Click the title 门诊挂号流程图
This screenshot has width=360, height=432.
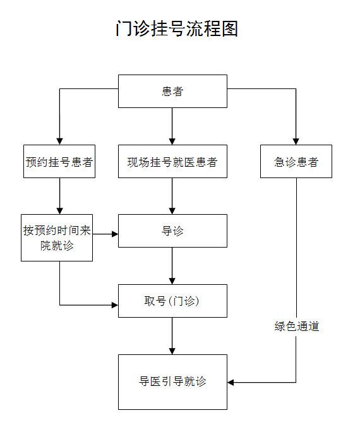coord(177,28)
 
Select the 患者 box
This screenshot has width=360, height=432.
coord(172,91)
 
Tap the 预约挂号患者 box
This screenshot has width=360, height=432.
coord(59,162)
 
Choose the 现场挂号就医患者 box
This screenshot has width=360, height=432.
coord(172,162)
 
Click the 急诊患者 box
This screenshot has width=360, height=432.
coord(296,162)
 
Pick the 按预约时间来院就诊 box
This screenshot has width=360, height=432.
coord(57,237)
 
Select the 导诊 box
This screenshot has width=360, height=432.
coord(172,231)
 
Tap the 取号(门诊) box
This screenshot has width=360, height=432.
coord(172,301)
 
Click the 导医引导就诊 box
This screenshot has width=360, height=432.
coord(172,382)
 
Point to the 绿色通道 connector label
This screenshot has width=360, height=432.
coord(297,327)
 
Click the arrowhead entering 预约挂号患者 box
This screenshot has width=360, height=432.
coord(59,141)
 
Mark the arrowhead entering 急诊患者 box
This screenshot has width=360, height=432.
coord(296,141)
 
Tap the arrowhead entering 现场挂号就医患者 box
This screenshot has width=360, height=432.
coord(172,141)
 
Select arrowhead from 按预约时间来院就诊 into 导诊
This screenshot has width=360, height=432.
coord(115,234)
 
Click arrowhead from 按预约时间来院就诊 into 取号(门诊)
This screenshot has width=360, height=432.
coord(115,305)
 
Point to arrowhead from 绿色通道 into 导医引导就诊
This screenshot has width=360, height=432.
coord(231,382)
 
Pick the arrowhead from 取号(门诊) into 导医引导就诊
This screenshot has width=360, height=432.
coord(172,351)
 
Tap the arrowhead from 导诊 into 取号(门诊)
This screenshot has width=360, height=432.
coord(172,281)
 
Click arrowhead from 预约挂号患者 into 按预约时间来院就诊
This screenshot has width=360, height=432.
coord(59,211)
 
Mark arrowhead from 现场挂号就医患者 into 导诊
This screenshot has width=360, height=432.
coord(172,211)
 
